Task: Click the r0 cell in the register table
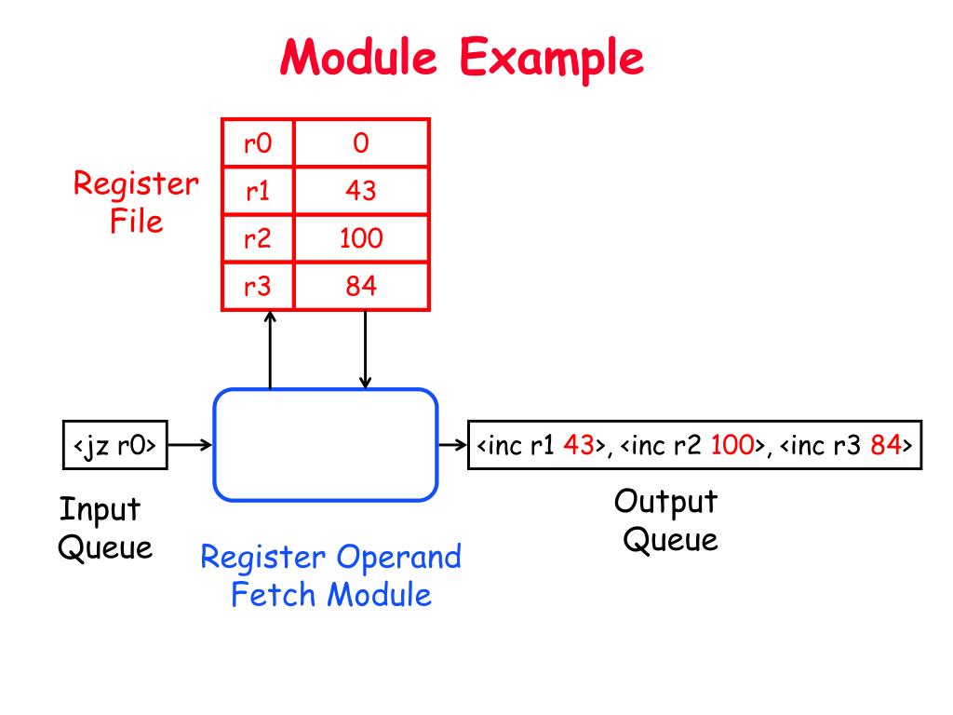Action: coord(258,142)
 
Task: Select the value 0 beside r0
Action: coord(361,142)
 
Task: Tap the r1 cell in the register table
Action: coord(258,190)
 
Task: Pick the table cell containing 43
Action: coord(361,190)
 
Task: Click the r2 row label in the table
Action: coord(258,238)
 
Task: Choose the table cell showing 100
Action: coord(361,238)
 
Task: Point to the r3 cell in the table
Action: coord(258,286)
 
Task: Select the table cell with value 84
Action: coord(361,286)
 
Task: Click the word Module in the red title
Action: coord(358,57)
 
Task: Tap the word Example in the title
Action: coord(551,59)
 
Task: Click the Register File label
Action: coord(136,202)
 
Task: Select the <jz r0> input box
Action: coord(114,445)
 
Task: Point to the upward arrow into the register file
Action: coord(271,350)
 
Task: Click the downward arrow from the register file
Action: coord(365,350)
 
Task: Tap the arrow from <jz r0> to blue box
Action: coord(190,445)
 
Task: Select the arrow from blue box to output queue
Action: coord(453,445)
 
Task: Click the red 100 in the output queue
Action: coord(732,445)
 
